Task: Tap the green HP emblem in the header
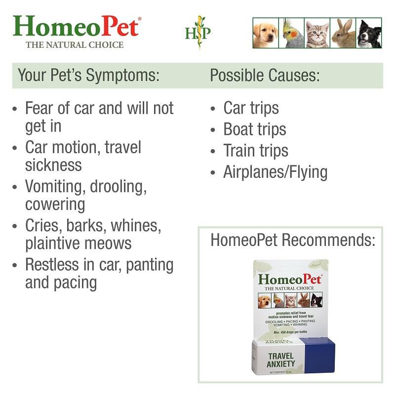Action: point(197,33)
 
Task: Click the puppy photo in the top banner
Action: point(265,34)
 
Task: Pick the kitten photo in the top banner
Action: point(317,34)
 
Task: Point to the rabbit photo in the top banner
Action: point(343,34)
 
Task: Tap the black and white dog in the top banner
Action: point(369,34)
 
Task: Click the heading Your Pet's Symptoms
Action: point(89,76)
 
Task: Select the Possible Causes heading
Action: point(265,76)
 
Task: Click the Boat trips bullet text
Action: point(254,129)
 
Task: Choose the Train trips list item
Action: point(255,151)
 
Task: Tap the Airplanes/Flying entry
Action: point(275,172)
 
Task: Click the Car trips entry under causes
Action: point(251,108)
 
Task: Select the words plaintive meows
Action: point(79,243)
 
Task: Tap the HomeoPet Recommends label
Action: point(293,240)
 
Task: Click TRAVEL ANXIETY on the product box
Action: point(281,359)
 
